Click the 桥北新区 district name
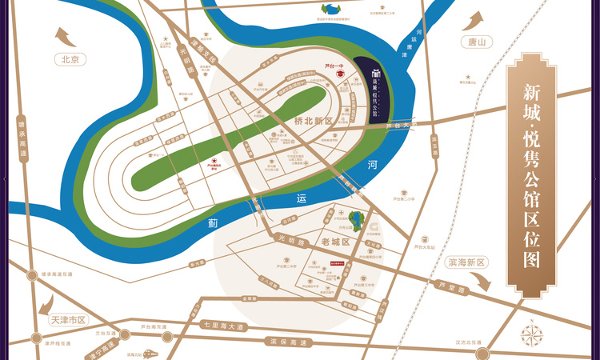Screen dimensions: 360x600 click(313, 121)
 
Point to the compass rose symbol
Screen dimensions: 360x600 click(532, 334)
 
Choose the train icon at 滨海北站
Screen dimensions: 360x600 click(150, 353)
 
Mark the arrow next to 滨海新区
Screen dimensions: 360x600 click(480, 279)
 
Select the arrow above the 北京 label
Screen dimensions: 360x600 click(63, 37)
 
